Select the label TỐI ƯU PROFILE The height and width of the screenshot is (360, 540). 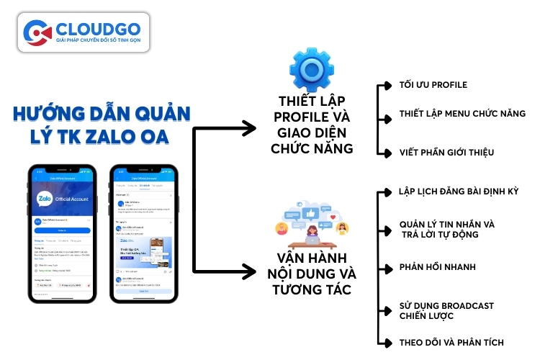(433, 85)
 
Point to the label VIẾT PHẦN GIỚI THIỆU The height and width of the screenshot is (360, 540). (446, 153)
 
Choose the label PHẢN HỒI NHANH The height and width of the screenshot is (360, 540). (437, 267)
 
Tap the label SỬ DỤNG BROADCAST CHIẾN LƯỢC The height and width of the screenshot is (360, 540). (446, 311)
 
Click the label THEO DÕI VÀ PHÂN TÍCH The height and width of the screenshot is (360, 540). (451, 342)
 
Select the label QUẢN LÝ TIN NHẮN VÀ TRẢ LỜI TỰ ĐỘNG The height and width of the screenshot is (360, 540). (446, 229)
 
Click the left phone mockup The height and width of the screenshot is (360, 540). (62, 233)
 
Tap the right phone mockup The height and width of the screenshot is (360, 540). (144, 233)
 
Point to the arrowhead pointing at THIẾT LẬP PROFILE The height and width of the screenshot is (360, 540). (248, 129)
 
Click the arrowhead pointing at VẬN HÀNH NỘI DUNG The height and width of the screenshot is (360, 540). (248, 271)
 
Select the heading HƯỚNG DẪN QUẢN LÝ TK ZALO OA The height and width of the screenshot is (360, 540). (101, 126)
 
